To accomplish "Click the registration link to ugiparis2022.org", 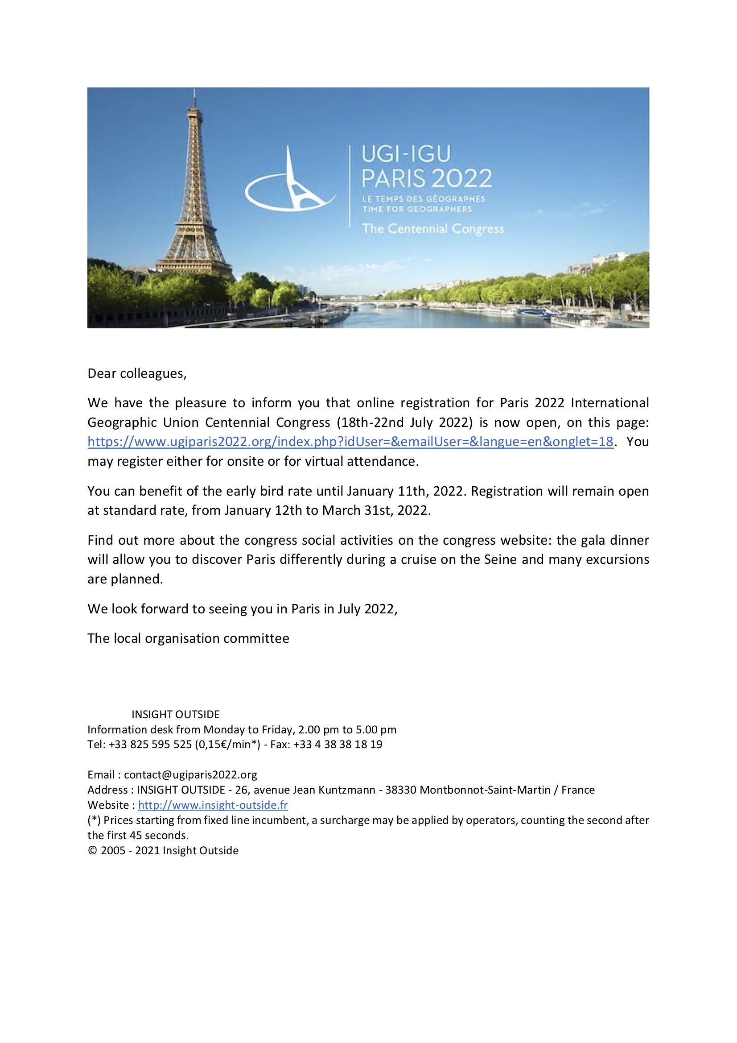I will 350,442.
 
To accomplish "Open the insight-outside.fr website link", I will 213,805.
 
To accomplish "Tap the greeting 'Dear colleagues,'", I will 137,373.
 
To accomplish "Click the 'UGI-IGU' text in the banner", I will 406,154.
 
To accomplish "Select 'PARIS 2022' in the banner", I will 426,178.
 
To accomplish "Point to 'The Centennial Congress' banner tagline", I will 432,228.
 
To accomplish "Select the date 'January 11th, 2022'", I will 406,491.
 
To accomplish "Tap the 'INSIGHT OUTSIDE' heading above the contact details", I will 175,715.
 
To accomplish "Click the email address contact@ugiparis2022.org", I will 190,774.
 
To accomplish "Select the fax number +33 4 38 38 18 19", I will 338,745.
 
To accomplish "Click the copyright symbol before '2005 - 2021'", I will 92,850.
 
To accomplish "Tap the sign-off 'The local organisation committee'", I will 188,638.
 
